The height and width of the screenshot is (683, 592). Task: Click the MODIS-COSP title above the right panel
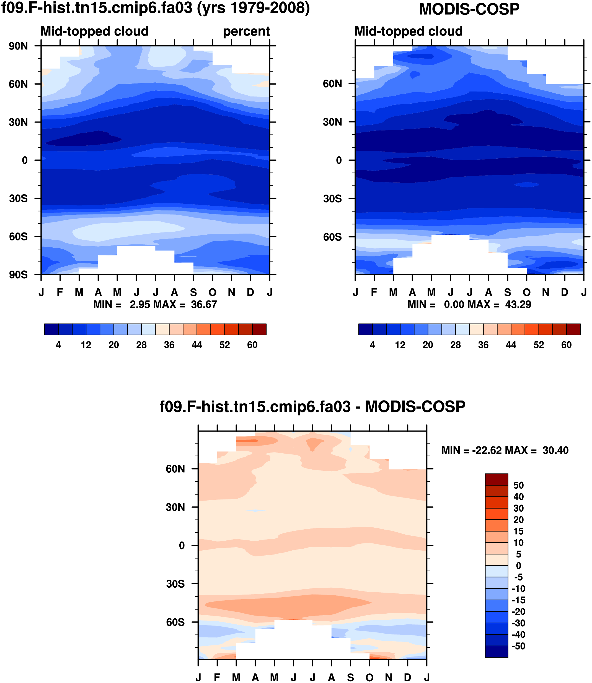coord(469,9)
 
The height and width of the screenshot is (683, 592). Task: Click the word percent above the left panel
coord(246,31)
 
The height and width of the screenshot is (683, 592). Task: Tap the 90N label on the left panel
coord(18,46)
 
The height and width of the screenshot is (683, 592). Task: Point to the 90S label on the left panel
coord(18,274)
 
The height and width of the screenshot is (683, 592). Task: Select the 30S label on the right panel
coord(332,199)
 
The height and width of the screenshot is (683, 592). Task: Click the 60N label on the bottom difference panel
coord(175,469)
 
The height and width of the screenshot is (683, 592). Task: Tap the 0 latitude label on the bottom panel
coord(182,545)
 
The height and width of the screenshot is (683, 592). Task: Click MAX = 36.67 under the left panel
coord(185,304)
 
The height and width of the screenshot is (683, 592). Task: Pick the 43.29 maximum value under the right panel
coord(518,304)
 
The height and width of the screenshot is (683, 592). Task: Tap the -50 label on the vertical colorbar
coord(518,646)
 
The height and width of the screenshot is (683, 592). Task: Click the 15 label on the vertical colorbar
coord(518,531)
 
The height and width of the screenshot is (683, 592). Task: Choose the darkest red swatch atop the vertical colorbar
coord(496,479)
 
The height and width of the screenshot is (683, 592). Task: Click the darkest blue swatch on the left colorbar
coord(51,329)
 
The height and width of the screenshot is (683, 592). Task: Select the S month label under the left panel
coord(193,292)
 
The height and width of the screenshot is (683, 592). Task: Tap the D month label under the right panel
coord(565,292)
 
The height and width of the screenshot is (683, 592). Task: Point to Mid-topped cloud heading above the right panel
coord(408,31)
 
